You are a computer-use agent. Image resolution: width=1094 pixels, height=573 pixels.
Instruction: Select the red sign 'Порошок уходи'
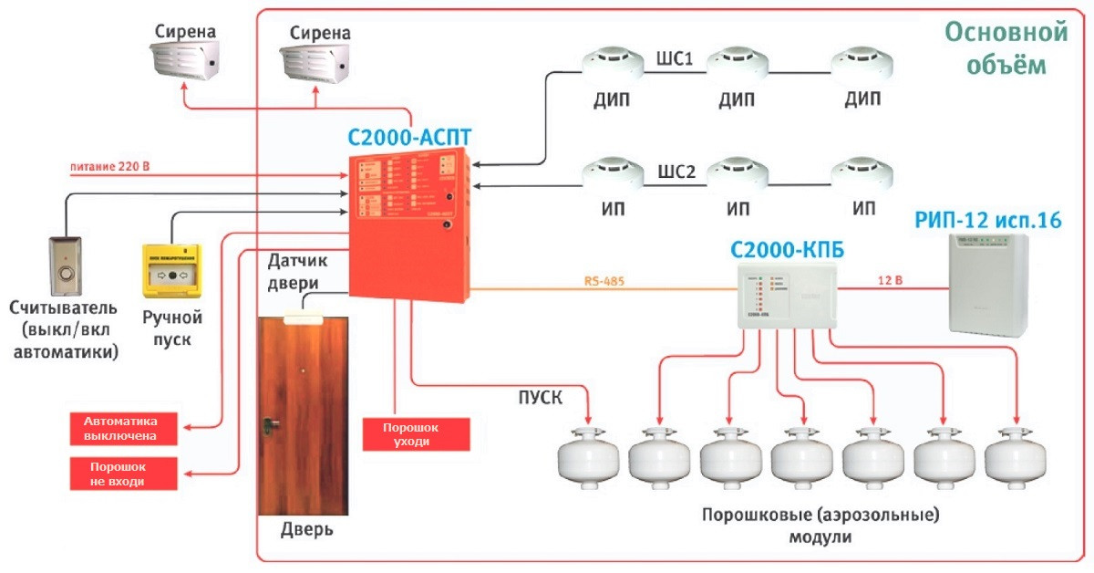tap(418, 434)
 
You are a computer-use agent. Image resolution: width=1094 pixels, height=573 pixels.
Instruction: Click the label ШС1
tap(676, 60)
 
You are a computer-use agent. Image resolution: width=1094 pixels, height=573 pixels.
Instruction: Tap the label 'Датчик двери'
tap(297, 271)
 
